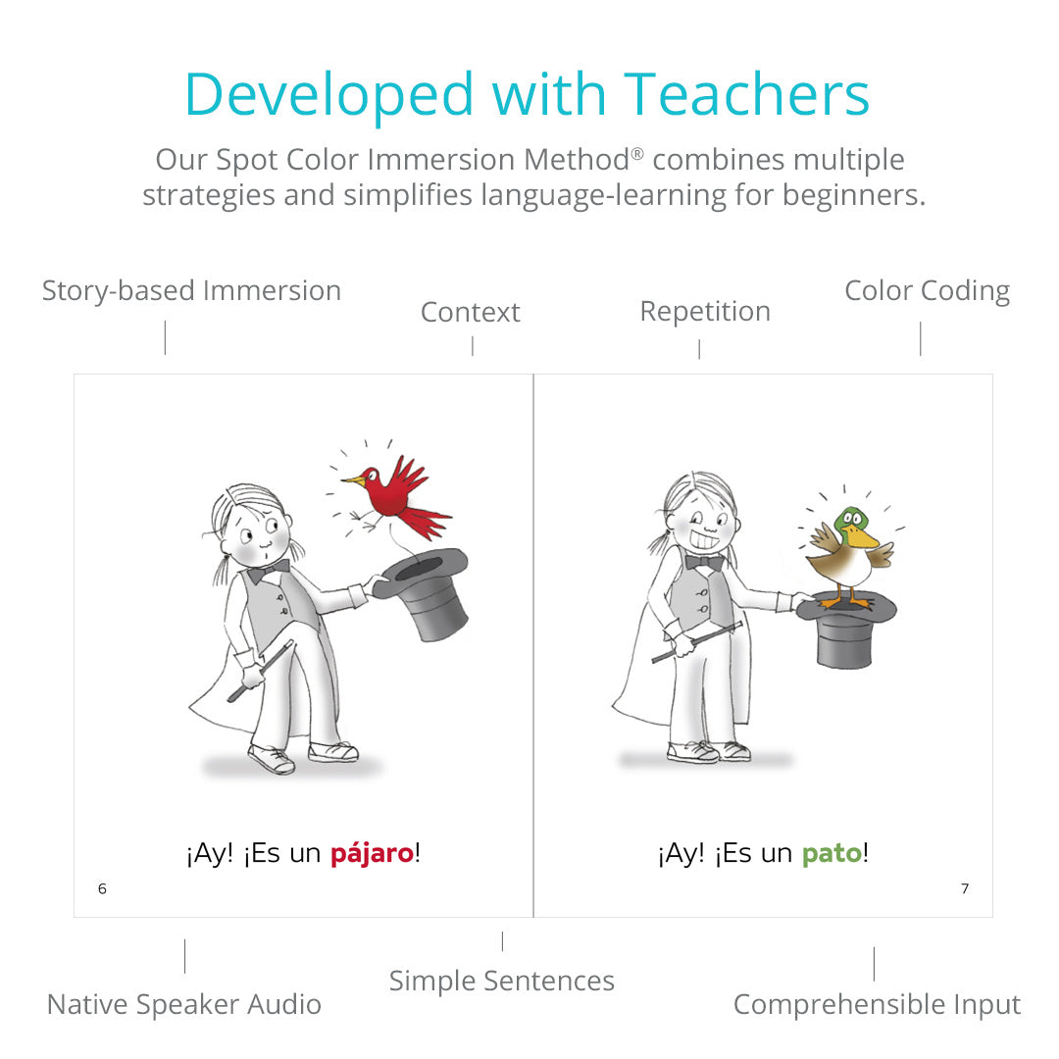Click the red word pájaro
click(x=373, y=854)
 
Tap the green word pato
click(x=832, y=854)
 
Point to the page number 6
click(x=102, y=888)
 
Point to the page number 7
click(x=965, y=888)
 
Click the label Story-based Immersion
click(x=192, y=291)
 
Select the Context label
click(x=470, y=312)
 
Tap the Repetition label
click(x=705, y=312)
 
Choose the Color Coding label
click(x=928, y=291)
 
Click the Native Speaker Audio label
click(x=183, y=1004)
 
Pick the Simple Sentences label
click(x=502, y=981)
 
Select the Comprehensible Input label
click(x=878, y=1005)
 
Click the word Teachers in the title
click(x=746, y=94)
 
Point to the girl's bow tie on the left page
click(x=268, y=572)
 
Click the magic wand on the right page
click(x=696, y=641)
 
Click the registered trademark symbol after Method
click(x=637, y=154)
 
